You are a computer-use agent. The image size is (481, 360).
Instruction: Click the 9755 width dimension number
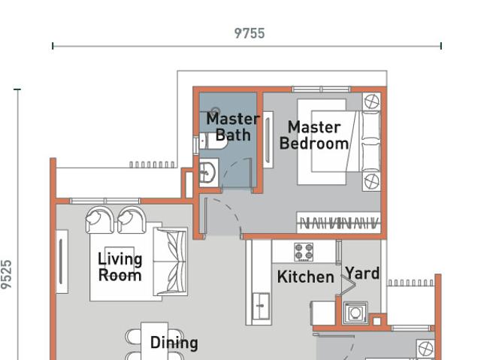pyautogui.click(x=250, y=33)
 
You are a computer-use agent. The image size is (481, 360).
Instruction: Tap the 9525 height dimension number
pyautogui.click(x=7, y=274)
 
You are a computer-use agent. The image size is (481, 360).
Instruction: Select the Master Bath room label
pyautogui.click(x=233, y=127)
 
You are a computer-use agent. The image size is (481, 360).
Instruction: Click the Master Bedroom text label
pyautogui.click(x=314, y=135)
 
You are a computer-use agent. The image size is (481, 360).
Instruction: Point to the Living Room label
pyautogui.click(x=120, y=267)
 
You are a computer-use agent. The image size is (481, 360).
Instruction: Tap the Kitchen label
pyautogui.click(x=306, y=277)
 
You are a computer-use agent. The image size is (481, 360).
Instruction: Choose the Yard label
pyautogui.click(x=362, y=274)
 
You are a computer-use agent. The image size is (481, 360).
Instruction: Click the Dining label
pyautogui.click(x=174, y=343)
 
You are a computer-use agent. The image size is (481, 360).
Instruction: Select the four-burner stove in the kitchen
pyautogui.click(x=304, y=252)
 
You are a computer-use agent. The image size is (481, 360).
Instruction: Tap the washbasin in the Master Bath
pyautogui.click(x=208, y=172)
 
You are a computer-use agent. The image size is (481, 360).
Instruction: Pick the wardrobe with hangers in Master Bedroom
pyautogui.click(x=338, y=222)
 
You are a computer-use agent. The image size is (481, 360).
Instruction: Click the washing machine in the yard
pyautogui.click(x=355, y=313)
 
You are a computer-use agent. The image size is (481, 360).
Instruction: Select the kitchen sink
pyautogui.click(x=261, y=306)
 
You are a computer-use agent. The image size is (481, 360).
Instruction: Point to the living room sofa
pyautogui.click(x=171, y=262)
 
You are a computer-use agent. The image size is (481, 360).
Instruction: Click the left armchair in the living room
pyautogui.click(x=99, y=220)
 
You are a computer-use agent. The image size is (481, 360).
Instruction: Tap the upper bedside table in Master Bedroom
pyautogui.click(x=371, y=101)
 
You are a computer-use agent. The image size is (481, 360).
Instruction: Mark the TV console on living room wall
pyautogui.click(x=62, y=262)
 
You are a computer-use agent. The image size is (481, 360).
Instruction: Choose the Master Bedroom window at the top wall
pyautogui.click(x=321, y=89)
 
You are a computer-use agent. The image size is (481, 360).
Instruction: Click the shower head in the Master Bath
pyautogui.click(x=216, y=110)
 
